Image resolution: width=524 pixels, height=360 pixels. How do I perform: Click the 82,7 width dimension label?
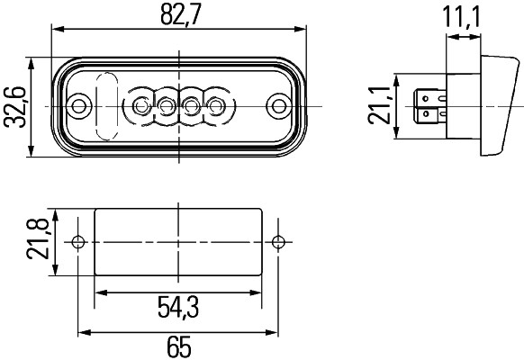(180, 15)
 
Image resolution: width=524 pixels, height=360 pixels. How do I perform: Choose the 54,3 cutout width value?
(178, 307)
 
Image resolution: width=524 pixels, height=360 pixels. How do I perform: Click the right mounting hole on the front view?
(280, 107)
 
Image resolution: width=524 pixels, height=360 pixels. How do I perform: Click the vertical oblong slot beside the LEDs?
(106, 106)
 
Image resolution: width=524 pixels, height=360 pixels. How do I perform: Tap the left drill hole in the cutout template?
(78, 242)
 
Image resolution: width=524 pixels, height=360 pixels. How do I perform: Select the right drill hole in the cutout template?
(281, 242)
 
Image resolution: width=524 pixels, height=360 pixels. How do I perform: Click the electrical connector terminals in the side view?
(427, 107)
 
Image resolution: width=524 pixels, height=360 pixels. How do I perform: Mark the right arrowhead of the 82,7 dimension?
(302, 31)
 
